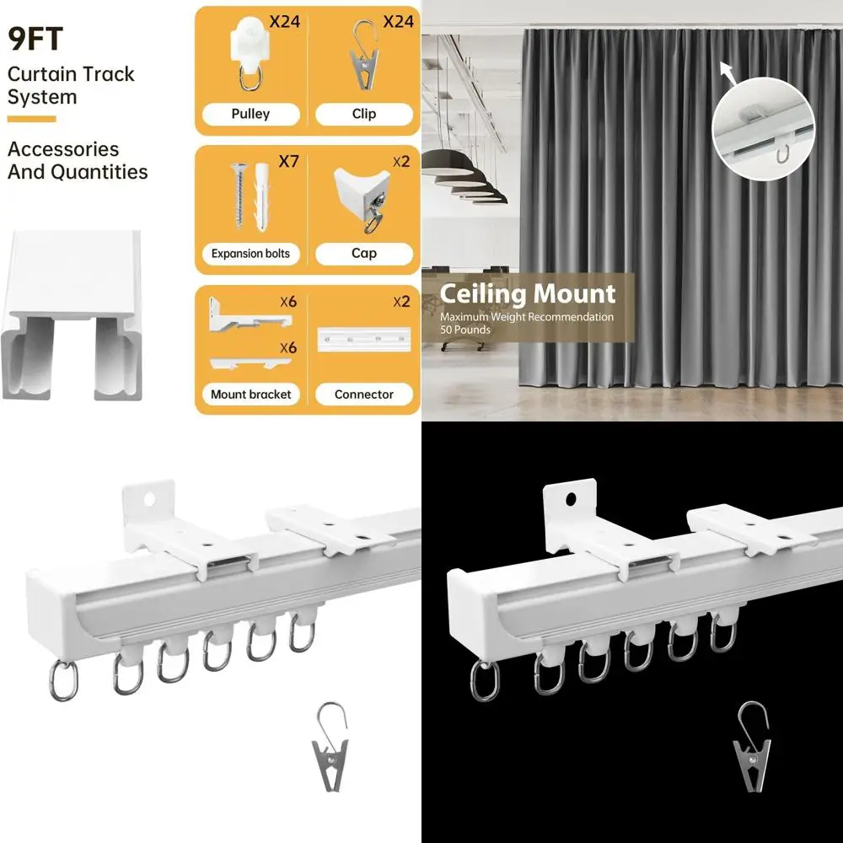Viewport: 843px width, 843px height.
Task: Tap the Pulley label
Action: point(250,114)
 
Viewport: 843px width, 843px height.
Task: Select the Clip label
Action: point(364,114)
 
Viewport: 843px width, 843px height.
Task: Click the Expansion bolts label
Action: point(250,253)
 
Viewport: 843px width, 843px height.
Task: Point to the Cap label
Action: point(364,253)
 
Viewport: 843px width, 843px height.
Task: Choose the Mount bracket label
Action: point(250,394)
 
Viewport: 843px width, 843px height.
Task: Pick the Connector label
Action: point(364,394)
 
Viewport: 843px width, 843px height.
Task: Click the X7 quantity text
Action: point(288,160)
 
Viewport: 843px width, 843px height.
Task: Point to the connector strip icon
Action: point(363,341)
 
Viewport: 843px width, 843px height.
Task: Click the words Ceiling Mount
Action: point(528,294)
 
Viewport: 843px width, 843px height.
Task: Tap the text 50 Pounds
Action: point(465,330)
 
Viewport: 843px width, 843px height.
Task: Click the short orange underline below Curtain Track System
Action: point(31,119)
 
